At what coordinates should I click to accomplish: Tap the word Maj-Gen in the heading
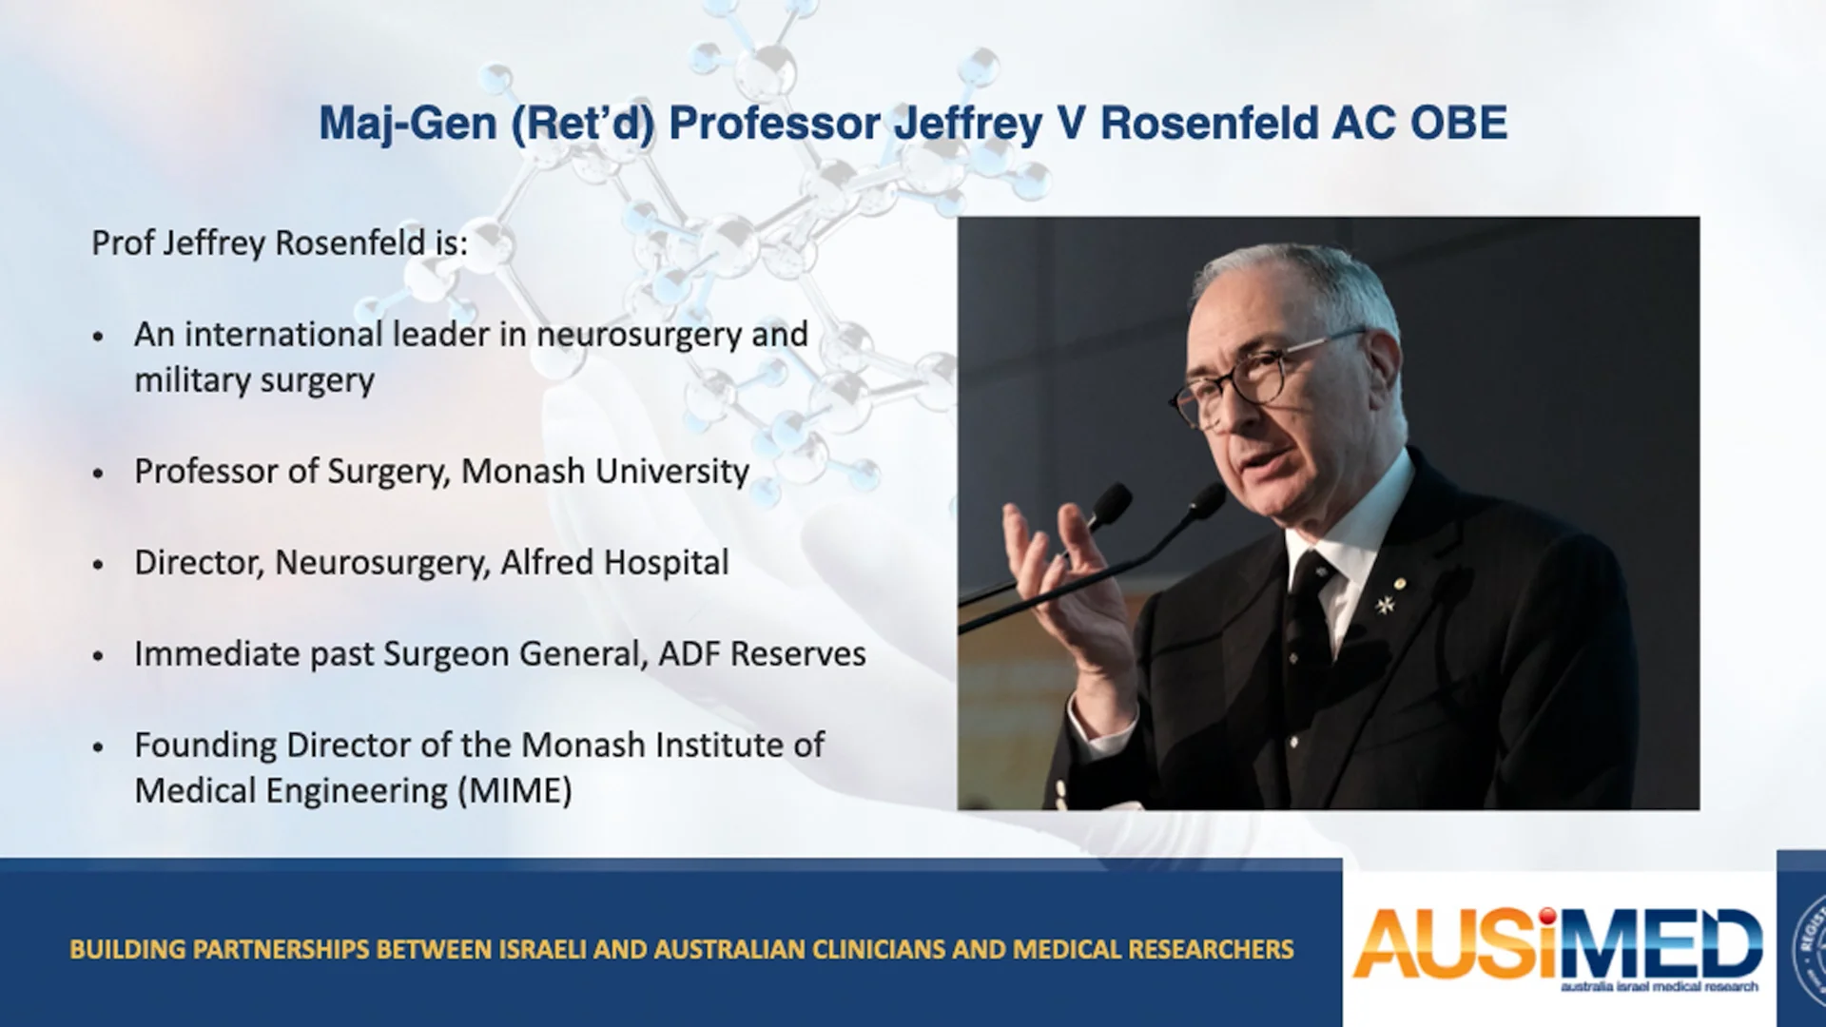[x=408, y=125]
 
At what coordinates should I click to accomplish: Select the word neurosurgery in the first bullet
[x=638, y=335]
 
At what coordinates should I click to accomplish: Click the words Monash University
[x=605, y=472]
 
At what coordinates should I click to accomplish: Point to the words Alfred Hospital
[x=614, y=563]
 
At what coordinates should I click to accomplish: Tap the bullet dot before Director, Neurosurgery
[x=99, y=565]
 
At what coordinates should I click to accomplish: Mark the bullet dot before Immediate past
[x=99, y=656]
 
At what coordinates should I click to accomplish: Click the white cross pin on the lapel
[x=1386, y=603]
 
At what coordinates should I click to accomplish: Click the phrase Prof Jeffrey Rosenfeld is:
[x=280, y=243]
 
